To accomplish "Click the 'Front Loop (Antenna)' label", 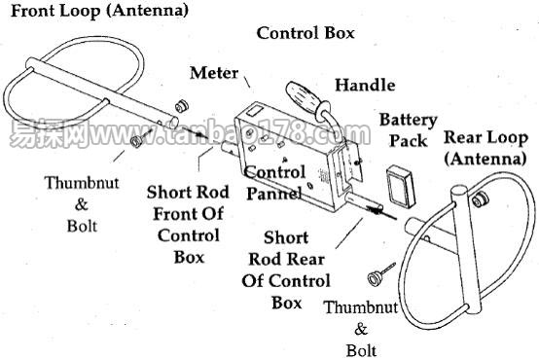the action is coord(99,11).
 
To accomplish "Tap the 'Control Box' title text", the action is coord(305,33).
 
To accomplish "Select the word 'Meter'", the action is coord(214,73).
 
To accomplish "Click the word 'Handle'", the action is coord(365,85).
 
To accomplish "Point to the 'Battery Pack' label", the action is coord(409,130).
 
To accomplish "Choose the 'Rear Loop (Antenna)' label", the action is coord(485,148).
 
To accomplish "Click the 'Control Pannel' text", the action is coord(275,183).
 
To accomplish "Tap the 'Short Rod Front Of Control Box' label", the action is coord(188,224).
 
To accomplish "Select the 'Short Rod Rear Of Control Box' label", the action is coord(286,270).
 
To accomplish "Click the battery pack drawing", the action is coord(401,186).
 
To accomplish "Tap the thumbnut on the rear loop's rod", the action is coord(479,199).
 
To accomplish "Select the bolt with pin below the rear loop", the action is coord(380,274).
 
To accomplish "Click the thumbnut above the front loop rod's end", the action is coord(182,106).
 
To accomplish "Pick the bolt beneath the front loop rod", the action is coord(141,137).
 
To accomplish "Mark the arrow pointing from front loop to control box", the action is coord(195,133).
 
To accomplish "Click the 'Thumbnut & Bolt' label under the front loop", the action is coord(82,204).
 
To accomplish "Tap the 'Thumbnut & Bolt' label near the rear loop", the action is coord(361,329).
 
